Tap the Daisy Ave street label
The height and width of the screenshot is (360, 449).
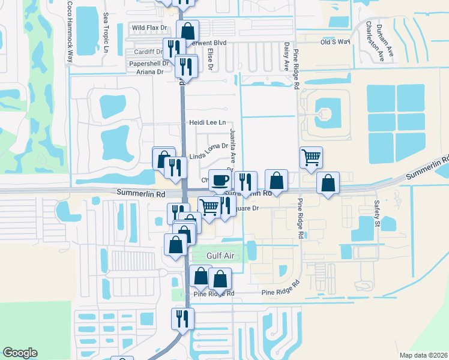pyautogui.click(x=286, y=55)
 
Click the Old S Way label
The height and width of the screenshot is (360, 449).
pyautogui.click(x=335, y=42)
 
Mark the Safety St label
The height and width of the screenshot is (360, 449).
pyautogui.click(x=378, y=214)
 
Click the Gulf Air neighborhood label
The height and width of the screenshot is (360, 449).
pyautogui.click(x=220, y=256)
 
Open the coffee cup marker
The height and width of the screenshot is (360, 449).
pyautogui.click(x=220, y=180)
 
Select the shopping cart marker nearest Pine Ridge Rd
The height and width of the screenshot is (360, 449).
pyautogui.click(x=311, y=158)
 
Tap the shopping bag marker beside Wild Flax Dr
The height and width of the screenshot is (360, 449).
pyautogui.click(x=188, y=31)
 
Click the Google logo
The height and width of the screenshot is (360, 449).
pyautogui.click(x=20, y=353)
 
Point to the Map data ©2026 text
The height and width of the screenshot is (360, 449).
pyautogui.click(x=423, y=355)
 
